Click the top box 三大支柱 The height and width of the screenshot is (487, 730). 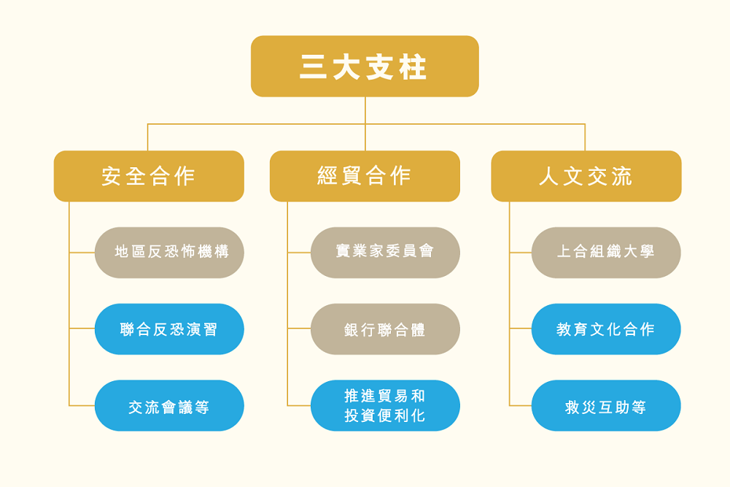[x=365, y=66]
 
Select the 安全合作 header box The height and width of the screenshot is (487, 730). [x=149, y=176]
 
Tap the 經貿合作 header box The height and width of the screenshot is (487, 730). [x=365, y=176]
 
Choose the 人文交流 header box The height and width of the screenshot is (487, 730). [x=586, y=176]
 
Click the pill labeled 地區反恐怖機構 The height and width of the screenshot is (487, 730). [x=169, y=253]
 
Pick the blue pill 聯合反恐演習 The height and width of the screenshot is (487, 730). [x=169, y=329]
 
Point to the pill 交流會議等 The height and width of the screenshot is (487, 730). [x=169, y=405]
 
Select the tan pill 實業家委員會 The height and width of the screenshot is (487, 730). [x=386, y=253]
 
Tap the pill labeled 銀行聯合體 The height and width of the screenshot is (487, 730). [x=386, y=329]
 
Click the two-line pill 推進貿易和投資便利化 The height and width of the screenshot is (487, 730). [x=386, y=405]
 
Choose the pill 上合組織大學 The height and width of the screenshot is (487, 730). [x=606, y=253]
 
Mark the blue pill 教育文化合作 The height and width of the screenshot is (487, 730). [x=606, y=329]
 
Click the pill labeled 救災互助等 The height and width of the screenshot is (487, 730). [x=606, y=405]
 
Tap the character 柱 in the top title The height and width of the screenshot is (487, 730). [x=413, y=67]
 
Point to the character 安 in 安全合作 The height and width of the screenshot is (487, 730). [x=112, y=177]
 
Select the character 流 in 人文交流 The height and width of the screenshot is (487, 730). [x=622, y=177]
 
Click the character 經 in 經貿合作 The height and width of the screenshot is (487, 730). [x=327, y=176]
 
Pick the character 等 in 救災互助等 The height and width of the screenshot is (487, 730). [x=639, y=407]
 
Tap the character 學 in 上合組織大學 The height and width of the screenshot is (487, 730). [x=647, y=252]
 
